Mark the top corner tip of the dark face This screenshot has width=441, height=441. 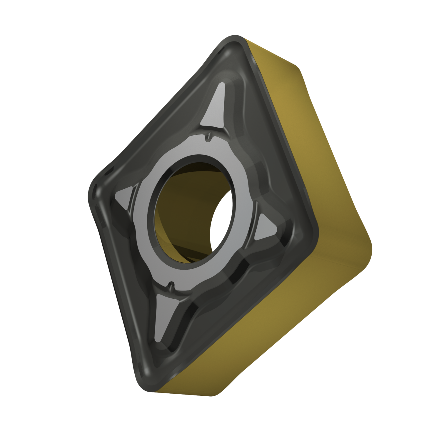[x=235, y=44]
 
